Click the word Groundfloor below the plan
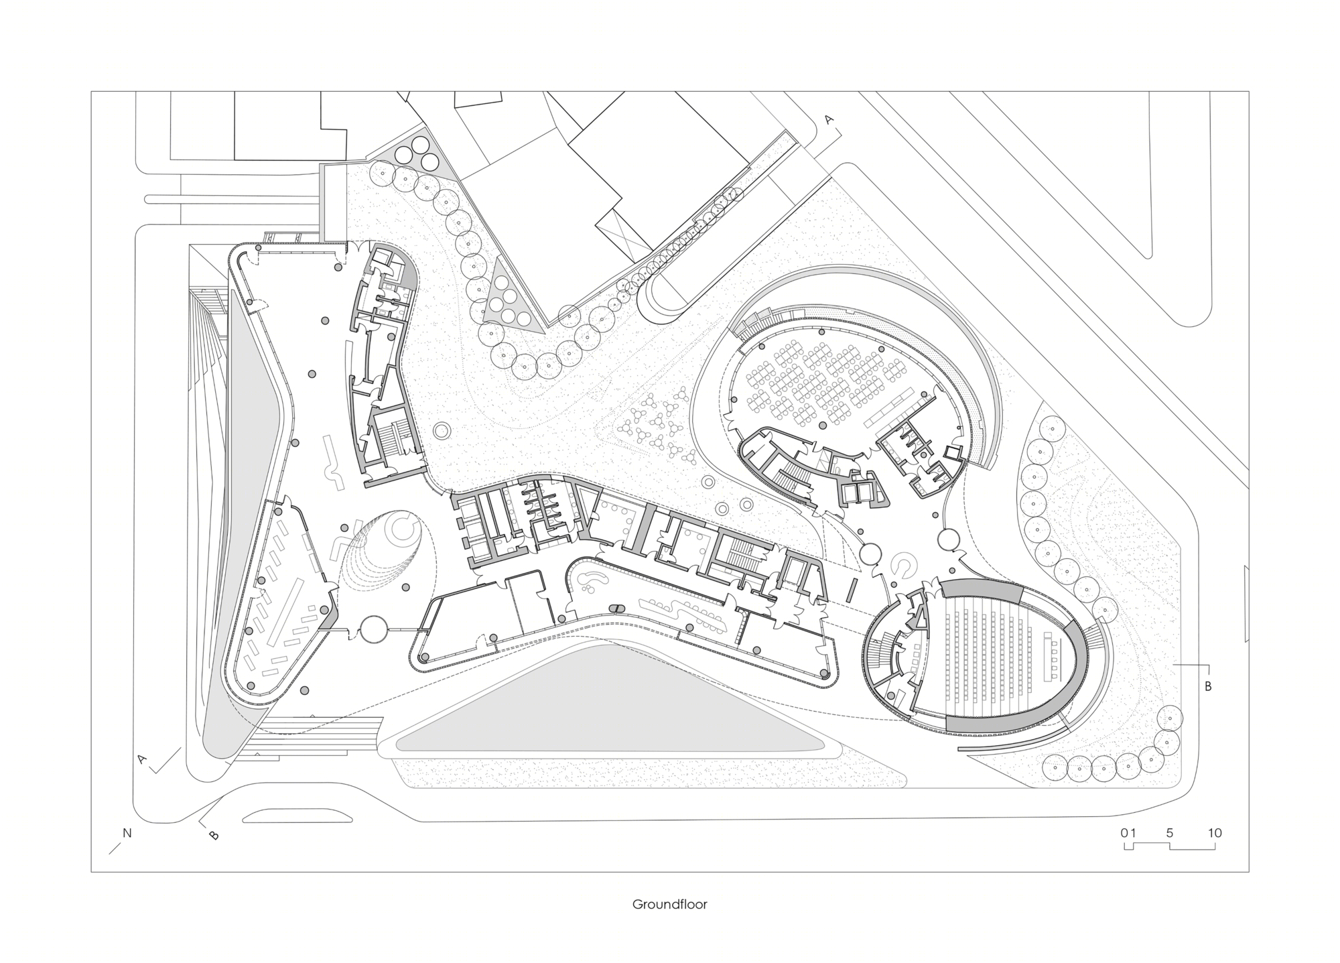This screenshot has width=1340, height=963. point(669,905)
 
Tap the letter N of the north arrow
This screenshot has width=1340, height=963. point(127,833)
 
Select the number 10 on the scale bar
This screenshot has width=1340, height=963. point(1215,833)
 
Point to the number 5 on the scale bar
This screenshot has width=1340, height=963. point(1170,833)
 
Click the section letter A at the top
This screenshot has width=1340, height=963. point(829,120)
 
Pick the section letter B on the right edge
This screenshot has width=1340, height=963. point(1208,686)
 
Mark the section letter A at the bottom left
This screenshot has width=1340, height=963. point(142,759)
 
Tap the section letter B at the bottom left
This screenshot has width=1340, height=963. point(214,835)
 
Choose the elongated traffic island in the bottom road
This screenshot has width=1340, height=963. point(296,816)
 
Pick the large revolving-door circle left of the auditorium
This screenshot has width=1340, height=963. point(870,554)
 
